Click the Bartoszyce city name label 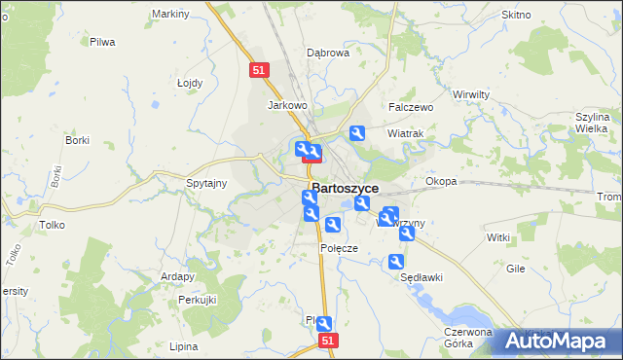(x=345, y=189)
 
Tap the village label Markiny (x=170, y=15)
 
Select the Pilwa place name (x=102, y=42)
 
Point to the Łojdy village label (x=190, y=83)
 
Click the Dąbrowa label (x=328, y=54)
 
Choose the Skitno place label (x=515, y=15)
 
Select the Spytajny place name (x=205, y=183)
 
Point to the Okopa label (x=441, y=181)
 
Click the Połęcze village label (x=340, y=248)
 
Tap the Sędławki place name (x=421, y=277)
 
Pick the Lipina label (x=183, y=346)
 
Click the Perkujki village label (x=197, y=300)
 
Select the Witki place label (x=498, y=237)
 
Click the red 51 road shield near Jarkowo (x=258, y=70)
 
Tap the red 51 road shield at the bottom (x=329, y=341)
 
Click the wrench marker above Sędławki (x=396, y=262)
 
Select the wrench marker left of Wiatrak (x=357, y=133)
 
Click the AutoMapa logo (x=563, y=341)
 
